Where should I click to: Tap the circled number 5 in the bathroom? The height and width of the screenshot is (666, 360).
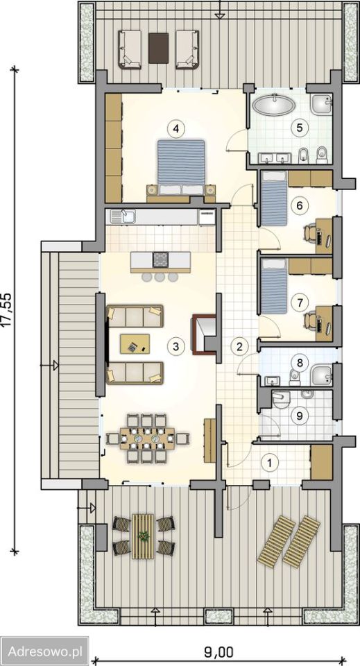[299, 128]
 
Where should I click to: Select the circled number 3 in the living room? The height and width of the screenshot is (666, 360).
[175, 346]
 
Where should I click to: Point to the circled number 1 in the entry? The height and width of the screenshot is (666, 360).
[268, 462]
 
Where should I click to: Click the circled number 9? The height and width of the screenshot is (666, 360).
[300, 416]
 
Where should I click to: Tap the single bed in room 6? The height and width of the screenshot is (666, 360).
[273, 198]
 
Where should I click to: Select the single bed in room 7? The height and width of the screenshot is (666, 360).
[273, 287]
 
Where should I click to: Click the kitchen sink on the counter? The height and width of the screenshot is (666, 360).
[122, 216]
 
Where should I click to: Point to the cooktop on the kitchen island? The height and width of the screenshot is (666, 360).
[160, 259]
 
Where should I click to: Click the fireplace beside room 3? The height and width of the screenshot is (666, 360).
[205, 334]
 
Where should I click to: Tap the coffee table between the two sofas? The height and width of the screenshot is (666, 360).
[135, 343]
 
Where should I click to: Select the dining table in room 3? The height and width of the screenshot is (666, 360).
[147, 438]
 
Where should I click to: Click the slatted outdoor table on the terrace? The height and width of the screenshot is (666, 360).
[143, 536]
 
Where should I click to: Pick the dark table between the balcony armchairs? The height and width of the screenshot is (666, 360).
[158, 48]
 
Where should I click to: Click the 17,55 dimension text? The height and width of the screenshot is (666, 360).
[9, 309]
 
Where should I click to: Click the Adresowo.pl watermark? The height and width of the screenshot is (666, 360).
[44, 650]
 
